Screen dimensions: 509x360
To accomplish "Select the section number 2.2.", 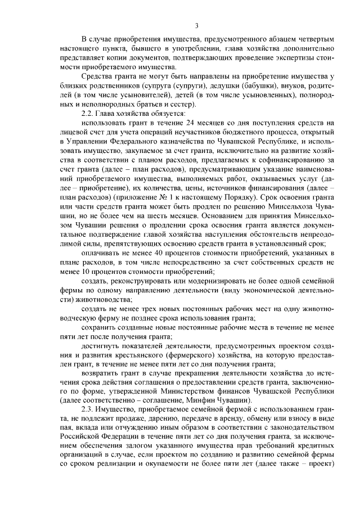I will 89,114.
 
